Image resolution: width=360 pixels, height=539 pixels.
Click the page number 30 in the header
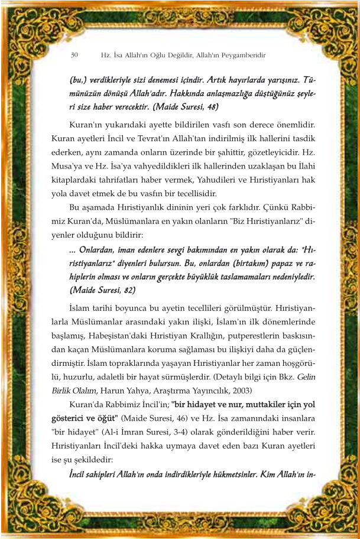[74, 55]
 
